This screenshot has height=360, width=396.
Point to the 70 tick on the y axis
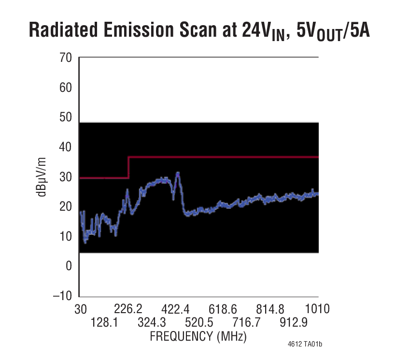coord(65,58)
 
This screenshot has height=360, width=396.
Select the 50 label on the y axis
coord(65,117)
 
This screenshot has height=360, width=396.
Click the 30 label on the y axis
coord(65,177)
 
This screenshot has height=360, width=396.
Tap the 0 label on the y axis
coord(69,266)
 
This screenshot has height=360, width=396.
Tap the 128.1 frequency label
coord(104,322)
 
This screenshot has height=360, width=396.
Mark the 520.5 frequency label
coord(198,322)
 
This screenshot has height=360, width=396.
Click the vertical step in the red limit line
coord(128,167)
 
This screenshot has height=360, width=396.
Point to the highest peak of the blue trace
coord(178,173)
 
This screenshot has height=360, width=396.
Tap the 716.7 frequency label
coord(246,322)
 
